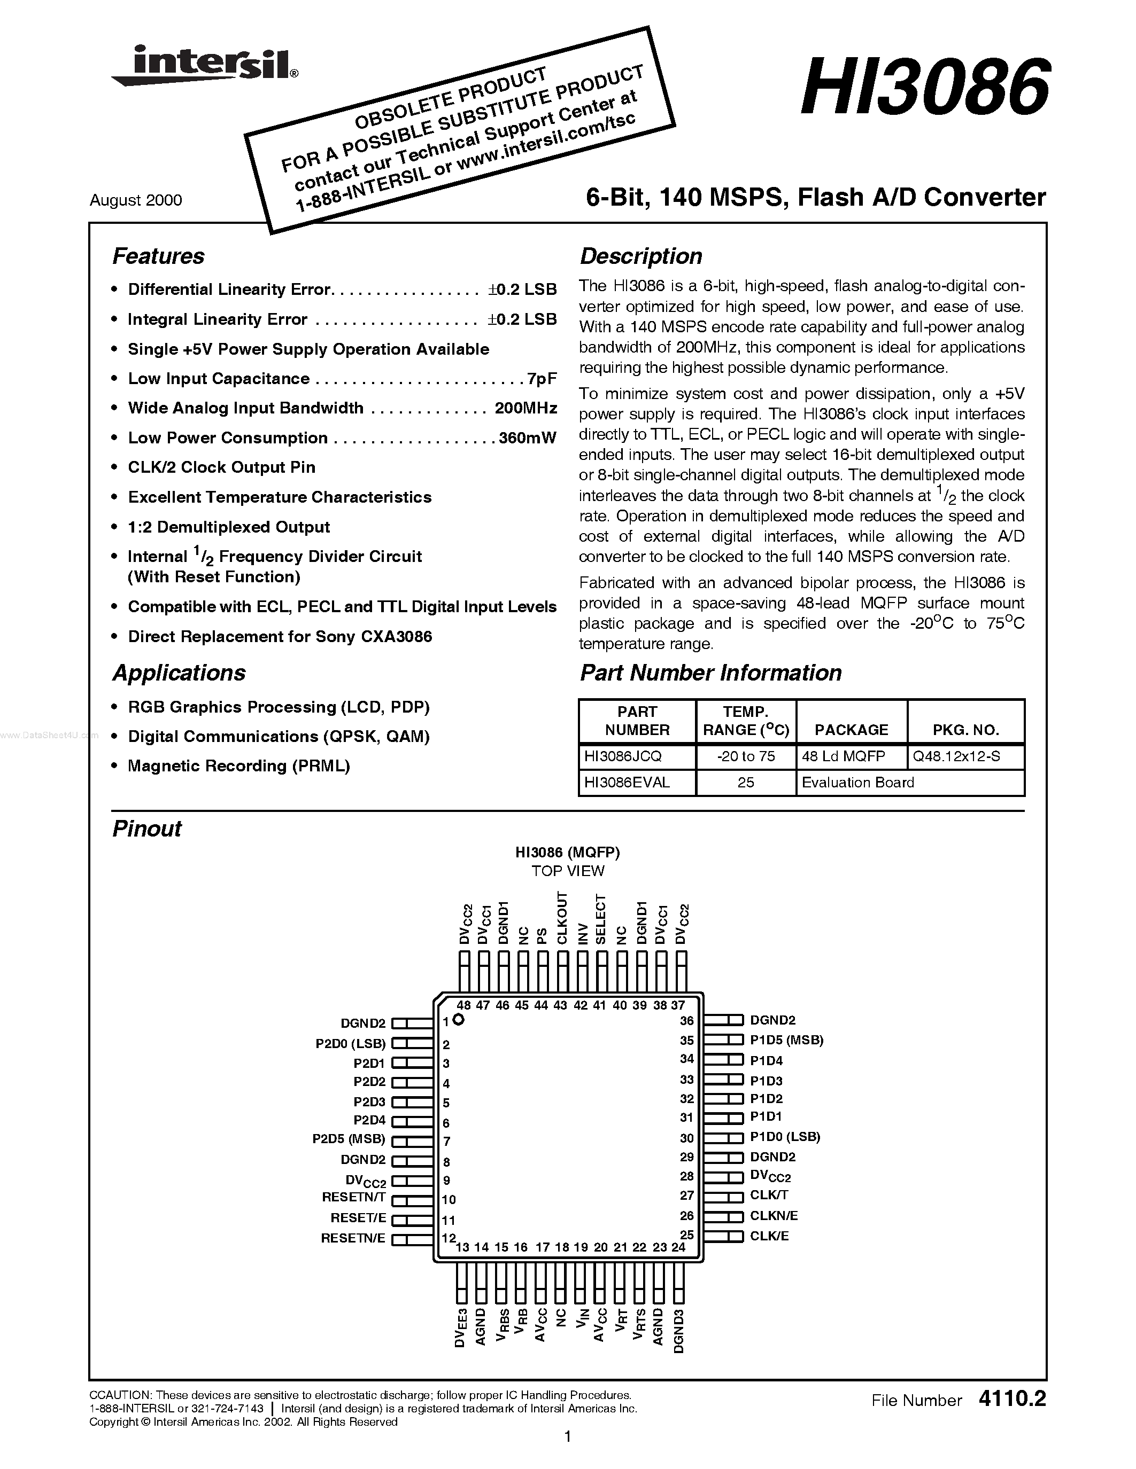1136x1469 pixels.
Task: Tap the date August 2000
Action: [135, 200]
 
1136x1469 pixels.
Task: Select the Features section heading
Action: [158, 256]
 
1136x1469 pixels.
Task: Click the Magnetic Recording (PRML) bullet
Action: [239, 766]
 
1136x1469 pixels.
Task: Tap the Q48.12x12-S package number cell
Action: [956, 756]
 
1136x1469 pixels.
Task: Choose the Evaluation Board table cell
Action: [858, 782]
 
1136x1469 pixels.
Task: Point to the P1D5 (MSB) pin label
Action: [786, 1040]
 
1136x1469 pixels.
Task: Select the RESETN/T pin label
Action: [353, 1197]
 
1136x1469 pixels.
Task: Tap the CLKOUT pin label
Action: [562, 919]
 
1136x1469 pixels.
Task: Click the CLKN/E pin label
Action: [774, 1215]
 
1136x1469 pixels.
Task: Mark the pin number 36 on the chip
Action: [686, 1020]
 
